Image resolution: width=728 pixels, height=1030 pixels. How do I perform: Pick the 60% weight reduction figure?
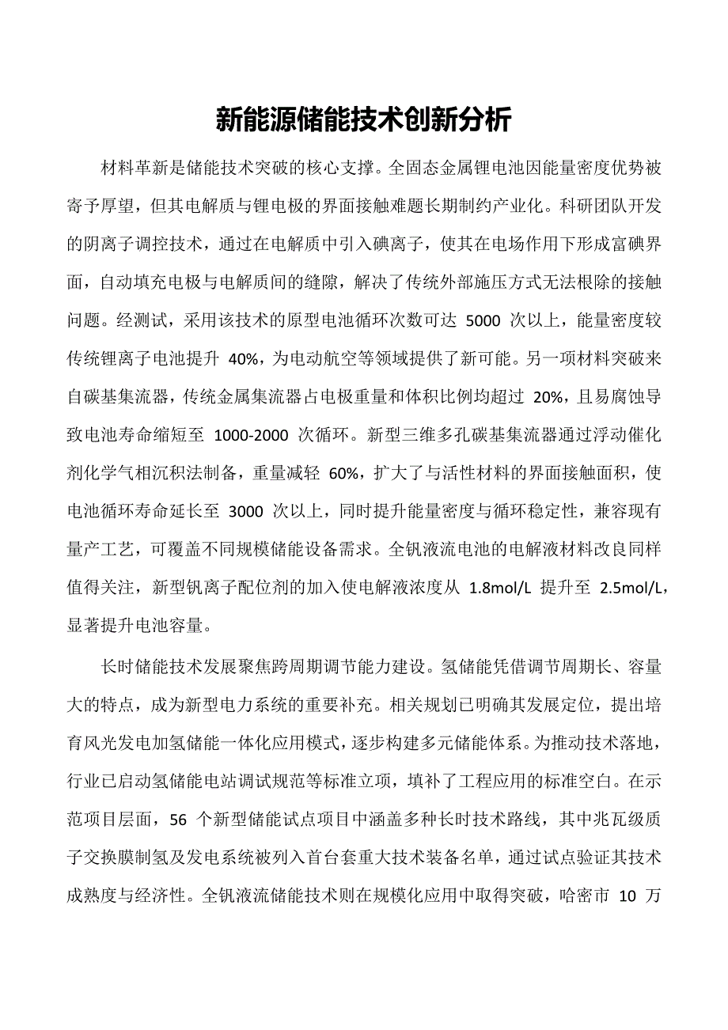tap(343, 475)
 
